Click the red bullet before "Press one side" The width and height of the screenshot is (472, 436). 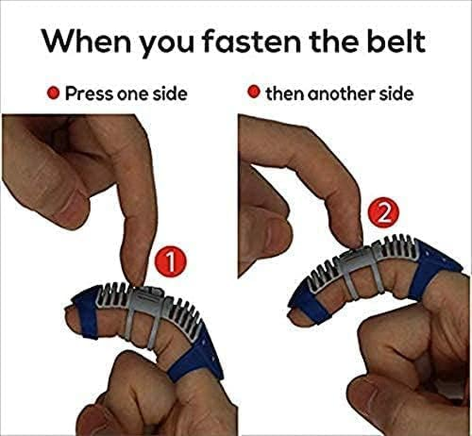53,93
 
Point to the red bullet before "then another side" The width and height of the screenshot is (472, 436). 254,92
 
